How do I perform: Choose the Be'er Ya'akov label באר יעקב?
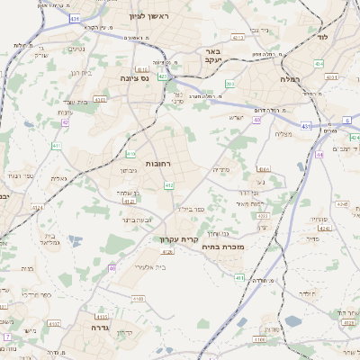213,57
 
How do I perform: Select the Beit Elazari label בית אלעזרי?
148,266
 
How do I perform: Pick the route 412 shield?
169,185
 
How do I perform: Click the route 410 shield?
130,154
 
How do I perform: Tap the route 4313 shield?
238,38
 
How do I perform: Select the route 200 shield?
230,85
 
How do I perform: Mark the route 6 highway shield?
346,119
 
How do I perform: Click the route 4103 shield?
138,297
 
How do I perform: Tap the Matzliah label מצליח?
285,134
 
